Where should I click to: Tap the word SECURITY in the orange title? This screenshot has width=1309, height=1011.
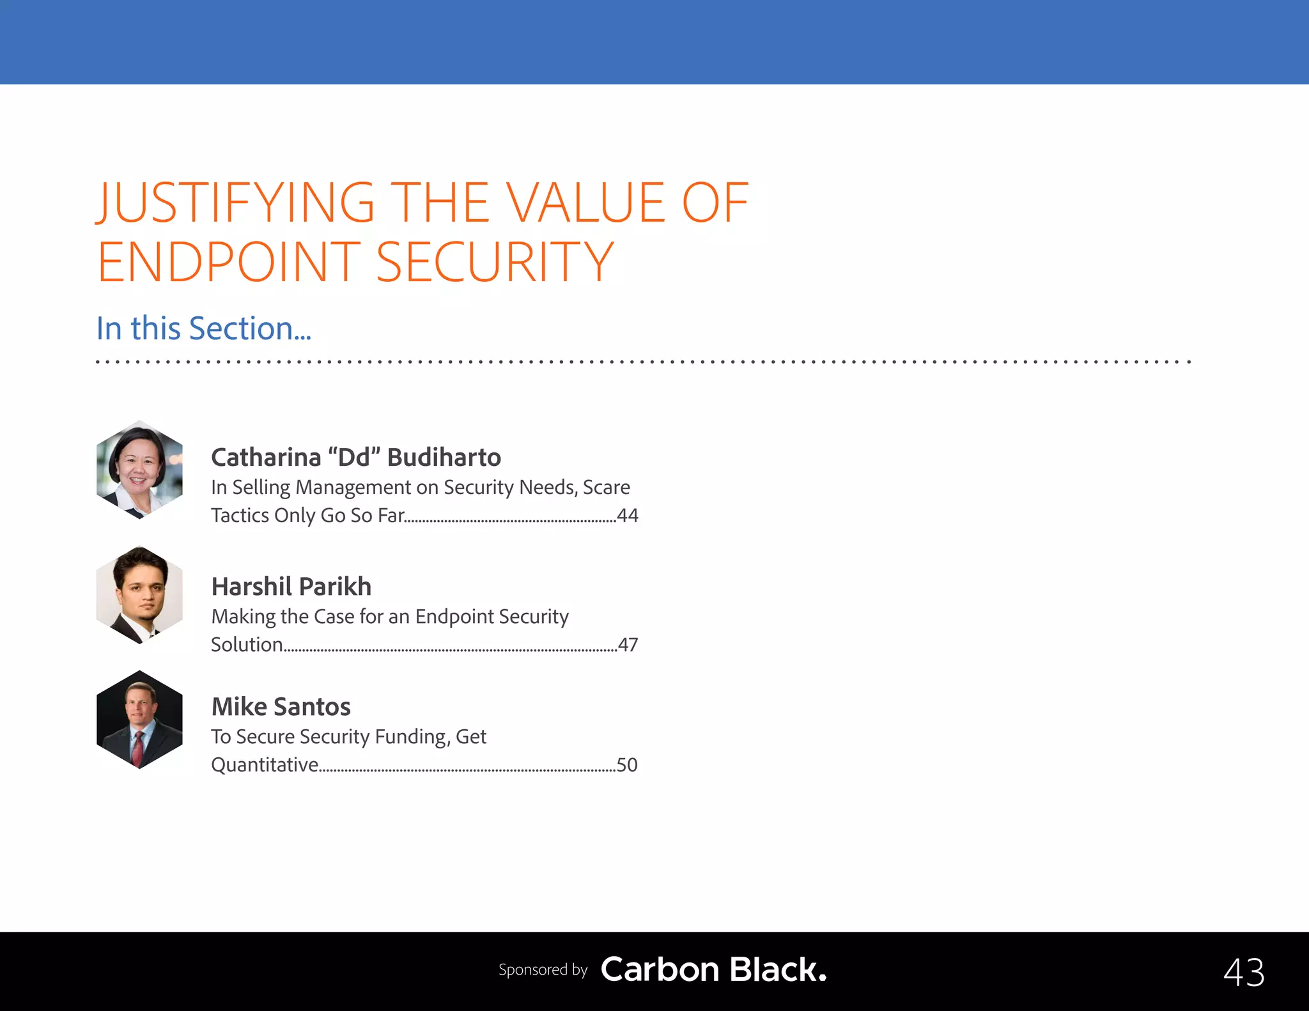click(495, 262)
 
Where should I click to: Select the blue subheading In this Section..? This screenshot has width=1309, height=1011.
click(203, 328)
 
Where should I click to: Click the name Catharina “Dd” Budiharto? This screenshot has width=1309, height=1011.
click(356, 458)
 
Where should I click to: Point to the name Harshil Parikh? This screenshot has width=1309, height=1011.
click(291, 587)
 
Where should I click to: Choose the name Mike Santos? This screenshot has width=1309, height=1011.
click(281, 707)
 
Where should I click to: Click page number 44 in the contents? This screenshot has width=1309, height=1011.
click(628, 516)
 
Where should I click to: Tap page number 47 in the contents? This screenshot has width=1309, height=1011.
click(628, 645)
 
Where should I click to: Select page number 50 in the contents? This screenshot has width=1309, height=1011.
click(627, 765)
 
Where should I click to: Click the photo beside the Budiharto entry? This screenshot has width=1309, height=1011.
click(139, 470)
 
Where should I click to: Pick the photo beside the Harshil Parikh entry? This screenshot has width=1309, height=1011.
click(139, 595)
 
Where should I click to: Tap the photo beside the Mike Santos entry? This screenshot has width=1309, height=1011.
click(139, 720)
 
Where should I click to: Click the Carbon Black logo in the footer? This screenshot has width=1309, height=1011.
click(713, 969)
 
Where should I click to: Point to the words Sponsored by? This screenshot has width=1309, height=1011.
click(543, 970)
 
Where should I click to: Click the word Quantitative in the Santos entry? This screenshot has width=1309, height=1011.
click(265, 765)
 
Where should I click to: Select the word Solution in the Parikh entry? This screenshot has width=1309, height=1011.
click(247, 645)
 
